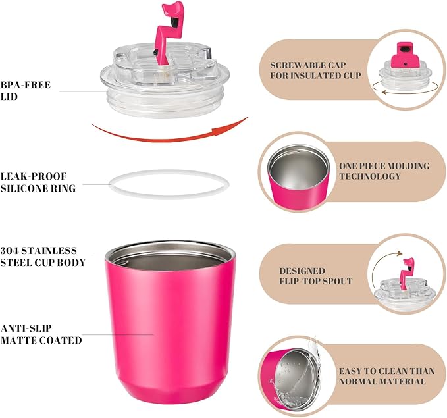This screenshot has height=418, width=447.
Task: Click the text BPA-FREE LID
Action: [26, 91]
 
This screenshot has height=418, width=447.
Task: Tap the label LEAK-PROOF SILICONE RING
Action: [38, 182]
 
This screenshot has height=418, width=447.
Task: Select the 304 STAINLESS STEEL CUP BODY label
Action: [43, 256]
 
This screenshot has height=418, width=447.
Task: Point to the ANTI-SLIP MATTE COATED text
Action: [41, 334]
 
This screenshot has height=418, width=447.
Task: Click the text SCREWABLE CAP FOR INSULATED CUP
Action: [315, 70]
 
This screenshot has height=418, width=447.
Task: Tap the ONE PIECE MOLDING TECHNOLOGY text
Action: [384, 170]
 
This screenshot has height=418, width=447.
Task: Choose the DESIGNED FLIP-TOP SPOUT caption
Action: [315, 276]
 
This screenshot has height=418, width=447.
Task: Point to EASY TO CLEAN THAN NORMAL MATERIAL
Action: [386, 376]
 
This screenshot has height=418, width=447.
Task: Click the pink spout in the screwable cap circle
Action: [402, 55]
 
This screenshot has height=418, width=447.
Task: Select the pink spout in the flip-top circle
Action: [407, 271]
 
